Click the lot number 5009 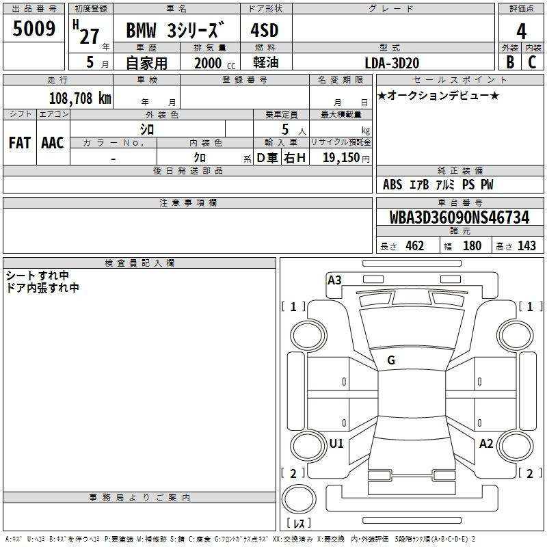34,28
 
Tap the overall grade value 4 521,31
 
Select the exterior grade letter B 510,62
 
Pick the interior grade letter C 532,62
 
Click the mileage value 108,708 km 80,98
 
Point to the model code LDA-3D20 392,63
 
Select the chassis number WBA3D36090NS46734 459,217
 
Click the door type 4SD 265,30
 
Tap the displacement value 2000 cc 215,63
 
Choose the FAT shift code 20,143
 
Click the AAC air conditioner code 53,143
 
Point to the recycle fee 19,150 341,157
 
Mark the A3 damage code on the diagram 334,280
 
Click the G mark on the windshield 391,360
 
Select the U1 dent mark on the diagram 336,443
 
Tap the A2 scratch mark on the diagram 486,443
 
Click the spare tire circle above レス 299,499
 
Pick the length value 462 415,246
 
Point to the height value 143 526,246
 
